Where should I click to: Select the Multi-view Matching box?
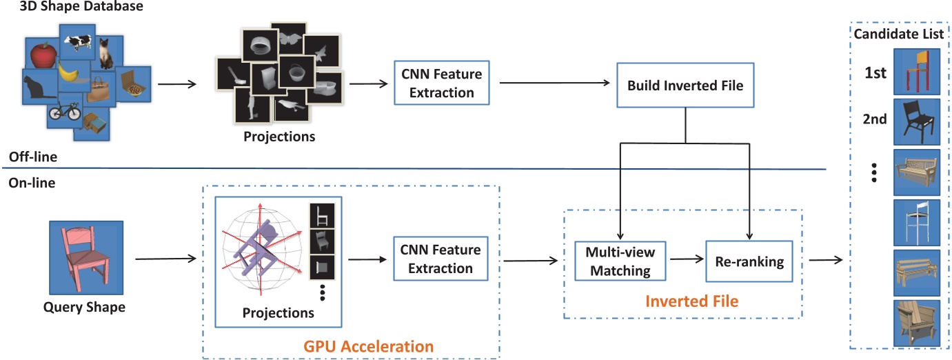[620, 261]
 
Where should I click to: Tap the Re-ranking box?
[749, 261]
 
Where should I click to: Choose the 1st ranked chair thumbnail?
[917, 71]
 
